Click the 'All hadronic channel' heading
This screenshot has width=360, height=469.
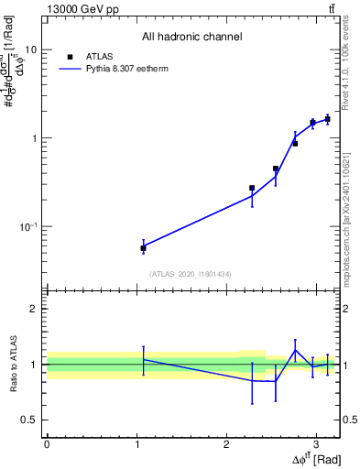click(x=191, y=38)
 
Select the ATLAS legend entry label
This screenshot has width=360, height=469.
click(x=99, y=56)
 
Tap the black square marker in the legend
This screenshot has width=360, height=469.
click(x=71, y=56)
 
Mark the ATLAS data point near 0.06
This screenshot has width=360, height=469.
click(x=143, y=248)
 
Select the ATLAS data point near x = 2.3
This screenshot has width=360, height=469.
click(x=252, y=188)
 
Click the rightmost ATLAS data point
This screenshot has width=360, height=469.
click(x=327, y=119)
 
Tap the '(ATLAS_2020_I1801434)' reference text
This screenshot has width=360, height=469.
click(x=191, y=273)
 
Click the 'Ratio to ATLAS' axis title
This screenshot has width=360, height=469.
click(x=14, y=364)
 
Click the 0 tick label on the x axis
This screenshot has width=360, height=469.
click(x=47, y=443)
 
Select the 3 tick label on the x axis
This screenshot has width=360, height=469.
click(x=315, y=443)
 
